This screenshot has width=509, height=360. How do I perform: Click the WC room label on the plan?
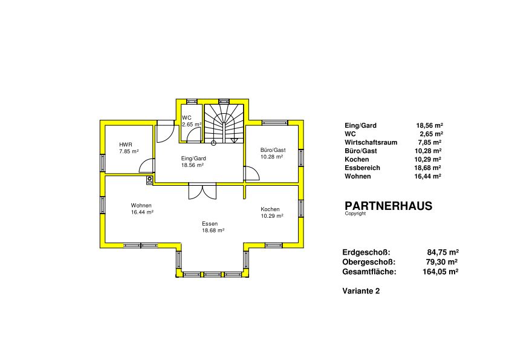pos(187,118)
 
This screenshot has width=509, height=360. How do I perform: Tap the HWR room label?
pos(126,145)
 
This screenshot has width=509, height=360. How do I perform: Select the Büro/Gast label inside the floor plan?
pos(273,150)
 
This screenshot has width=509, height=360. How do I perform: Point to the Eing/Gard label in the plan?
pos(193,159)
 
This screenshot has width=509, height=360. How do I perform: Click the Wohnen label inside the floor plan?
pos(141,206)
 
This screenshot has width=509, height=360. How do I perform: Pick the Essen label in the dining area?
pos(210,224)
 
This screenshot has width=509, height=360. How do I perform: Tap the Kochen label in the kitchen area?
pos(270,209)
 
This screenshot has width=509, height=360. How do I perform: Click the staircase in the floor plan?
pos(224,123)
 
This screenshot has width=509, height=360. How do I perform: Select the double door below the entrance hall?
pos(203,191)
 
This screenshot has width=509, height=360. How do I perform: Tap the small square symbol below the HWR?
pos(149,180)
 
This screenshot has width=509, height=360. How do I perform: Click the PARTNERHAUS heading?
pos(388,206)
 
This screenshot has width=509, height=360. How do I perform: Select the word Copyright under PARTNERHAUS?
pos(355,214)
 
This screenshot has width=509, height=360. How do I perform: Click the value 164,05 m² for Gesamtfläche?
pos(440,272)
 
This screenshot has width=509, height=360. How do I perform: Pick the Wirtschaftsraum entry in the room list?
pos(371,142)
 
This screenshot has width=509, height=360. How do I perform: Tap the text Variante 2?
pos(361,291)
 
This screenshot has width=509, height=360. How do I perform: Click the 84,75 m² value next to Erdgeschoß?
pos(443,252)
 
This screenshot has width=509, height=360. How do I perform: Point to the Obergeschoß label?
pos(369,262)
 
